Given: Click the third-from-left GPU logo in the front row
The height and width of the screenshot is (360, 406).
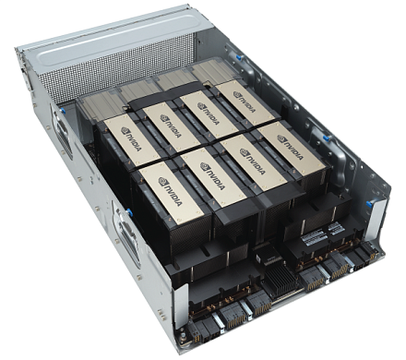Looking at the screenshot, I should (x=250, y=157).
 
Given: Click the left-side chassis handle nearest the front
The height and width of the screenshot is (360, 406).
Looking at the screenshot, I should (x=125, y=231).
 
